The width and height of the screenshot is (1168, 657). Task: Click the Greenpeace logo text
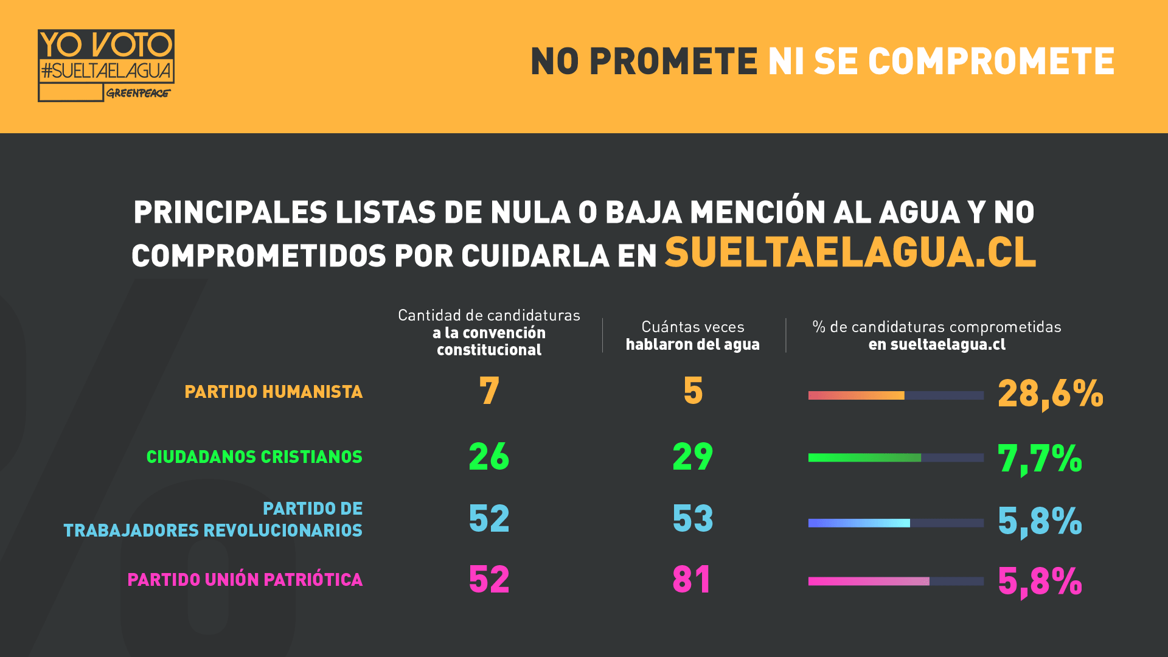138,93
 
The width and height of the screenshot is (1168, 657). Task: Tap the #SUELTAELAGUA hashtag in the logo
106,71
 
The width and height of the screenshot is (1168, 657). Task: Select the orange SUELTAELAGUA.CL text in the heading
850,252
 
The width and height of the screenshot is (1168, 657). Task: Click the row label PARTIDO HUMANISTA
273,392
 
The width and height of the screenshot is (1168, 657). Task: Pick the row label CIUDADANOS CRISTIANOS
254,457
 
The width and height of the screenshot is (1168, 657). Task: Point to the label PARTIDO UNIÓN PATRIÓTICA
245,580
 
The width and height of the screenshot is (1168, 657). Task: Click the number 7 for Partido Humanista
489,391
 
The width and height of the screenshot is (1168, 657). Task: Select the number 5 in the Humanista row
693,391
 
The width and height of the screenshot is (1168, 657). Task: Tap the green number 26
489,456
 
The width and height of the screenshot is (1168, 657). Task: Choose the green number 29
693,456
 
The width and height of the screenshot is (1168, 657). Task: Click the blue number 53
693,518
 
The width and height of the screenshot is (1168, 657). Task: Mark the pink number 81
692,579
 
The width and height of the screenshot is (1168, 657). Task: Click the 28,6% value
1050,394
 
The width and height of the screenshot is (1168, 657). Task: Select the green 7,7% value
1040,458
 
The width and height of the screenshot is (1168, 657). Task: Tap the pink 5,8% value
1040,581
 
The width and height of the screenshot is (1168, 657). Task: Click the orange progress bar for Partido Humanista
856,395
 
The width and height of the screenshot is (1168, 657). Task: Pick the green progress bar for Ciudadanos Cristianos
864,457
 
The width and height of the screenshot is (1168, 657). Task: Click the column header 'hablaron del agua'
693,344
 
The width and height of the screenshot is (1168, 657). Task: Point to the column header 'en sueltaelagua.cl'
937,344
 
